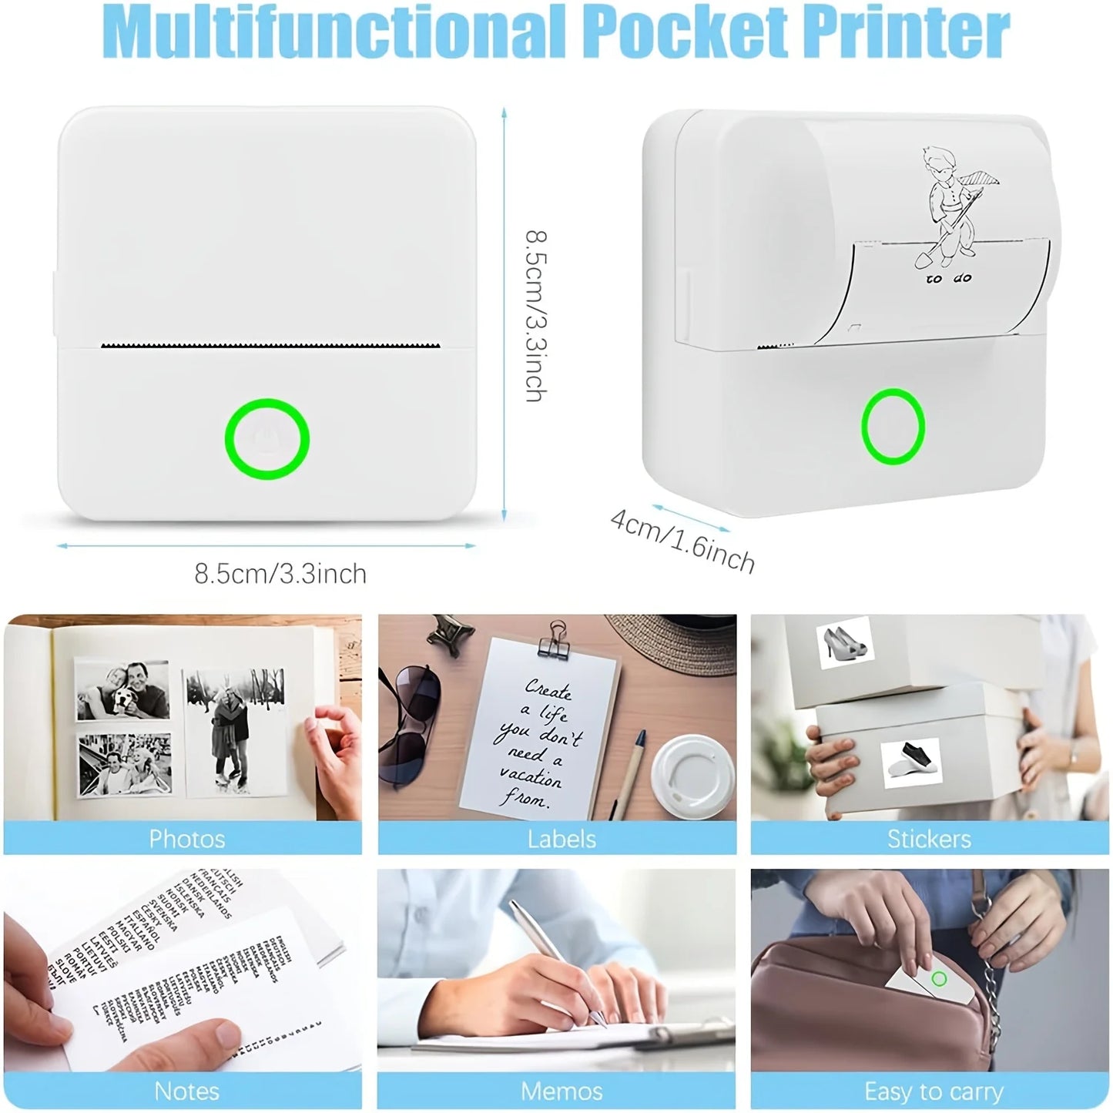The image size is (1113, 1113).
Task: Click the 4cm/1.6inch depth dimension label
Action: (x=682, y=538)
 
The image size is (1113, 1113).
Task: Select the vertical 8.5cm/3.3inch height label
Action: (x=535, y=315)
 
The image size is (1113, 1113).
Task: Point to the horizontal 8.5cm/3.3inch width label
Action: (x=280, y=574)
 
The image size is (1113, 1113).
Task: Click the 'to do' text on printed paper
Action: (x=948, y=278)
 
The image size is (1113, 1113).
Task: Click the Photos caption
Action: (x=187, y=838)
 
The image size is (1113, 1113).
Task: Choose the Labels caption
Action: (x=562, y=838)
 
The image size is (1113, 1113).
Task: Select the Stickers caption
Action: (x=929, y=838)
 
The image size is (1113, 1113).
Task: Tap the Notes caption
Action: (x=187, y=1091)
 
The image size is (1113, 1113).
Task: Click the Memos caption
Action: (x=562, y=1091)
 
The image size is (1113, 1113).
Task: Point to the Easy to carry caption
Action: (x=934, y=1091)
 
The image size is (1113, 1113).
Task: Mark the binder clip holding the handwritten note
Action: (x=554, y=638)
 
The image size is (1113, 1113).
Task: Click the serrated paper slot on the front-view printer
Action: (x=270, y=344)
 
